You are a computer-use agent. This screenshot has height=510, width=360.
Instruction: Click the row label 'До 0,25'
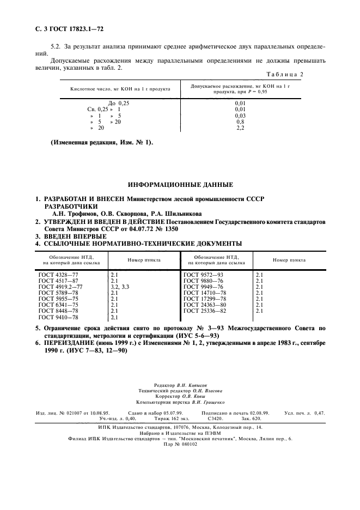(x=119, y=103)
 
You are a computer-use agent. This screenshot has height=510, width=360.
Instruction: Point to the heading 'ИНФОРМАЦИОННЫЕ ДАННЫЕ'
(x=180, y=185)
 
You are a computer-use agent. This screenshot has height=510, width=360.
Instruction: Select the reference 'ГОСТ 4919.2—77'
(x=60, y=286)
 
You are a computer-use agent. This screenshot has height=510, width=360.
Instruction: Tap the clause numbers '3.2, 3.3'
(x=120, y=286)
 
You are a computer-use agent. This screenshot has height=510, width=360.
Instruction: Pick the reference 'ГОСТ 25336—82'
(x=205, y=311)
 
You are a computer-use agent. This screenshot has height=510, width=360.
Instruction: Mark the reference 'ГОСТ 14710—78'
(x=205, y=293)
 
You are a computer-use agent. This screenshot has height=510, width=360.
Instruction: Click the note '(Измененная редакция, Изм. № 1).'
(x=102, y=143)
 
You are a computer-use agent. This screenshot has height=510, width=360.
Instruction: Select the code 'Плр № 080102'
(x=180, y=444)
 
